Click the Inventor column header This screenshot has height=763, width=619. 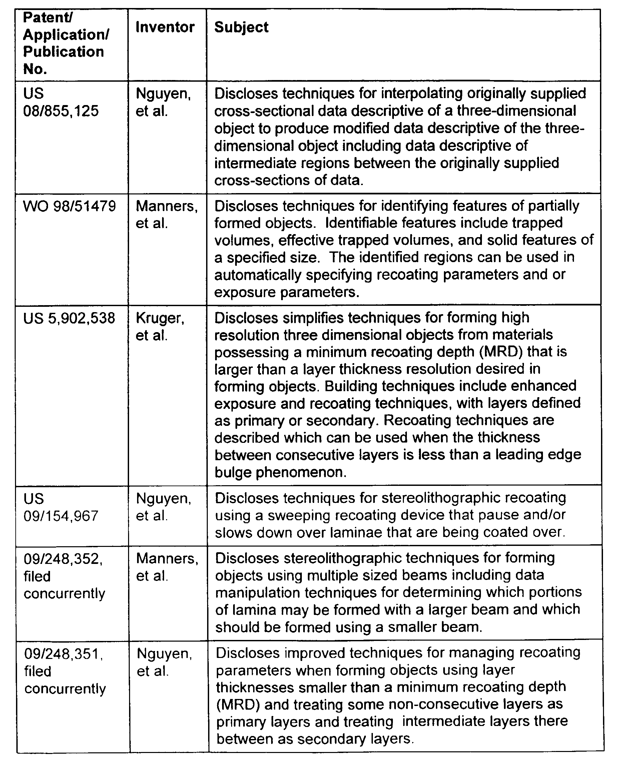[x=165, y=27]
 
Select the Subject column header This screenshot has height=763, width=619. [x=241, y=27]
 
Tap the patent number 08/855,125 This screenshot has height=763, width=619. [x=61, y=111]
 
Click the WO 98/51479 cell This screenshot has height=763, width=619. [x=69, y=206]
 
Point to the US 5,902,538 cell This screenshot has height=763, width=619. [x=69, y=318]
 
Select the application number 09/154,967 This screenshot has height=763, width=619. [x=61, y=516]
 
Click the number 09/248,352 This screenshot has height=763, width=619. [x=63, y=559]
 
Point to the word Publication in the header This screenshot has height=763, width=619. [x=63, y=52]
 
